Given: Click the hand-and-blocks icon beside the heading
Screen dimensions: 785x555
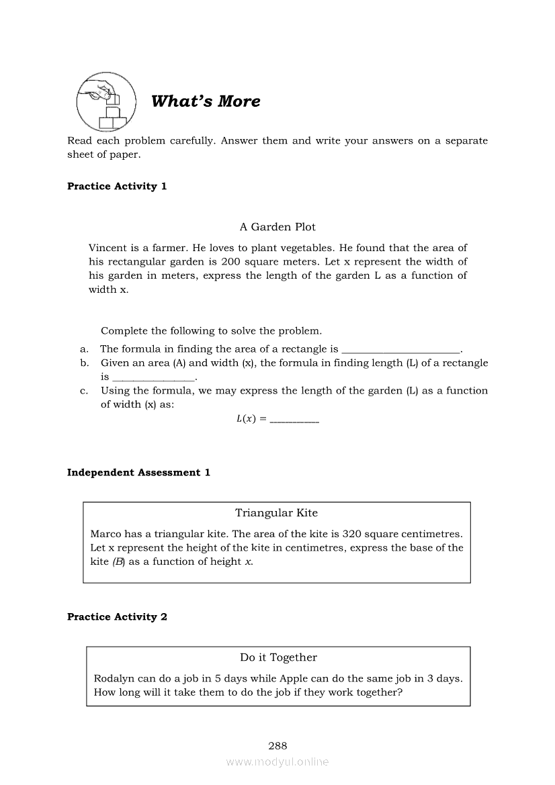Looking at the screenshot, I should [x=105, y=101].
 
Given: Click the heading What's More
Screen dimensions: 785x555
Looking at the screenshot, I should [x=206, y=101].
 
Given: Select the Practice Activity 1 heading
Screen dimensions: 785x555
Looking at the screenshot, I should [x=117, y=186].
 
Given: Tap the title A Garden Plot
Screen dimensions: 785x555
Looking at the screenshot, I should [x=277, y=227].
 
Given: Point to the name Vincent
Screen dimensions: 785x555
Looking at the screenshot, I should [x=108, y=248].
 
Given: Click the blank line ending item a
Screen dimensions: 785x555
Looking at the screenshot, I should [x=400, y=350].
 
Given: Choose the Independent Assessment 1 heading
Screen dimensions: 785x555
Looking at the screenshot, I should [x=138, y=472].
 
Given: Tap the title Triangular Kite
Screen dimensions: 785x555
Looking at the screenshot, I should [x=276, y=513].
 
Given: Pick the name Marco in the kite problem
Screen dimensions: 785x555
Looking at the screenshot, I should [x=105, y=534].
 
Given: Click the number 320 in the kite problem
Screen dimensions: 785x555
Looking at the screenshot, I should [x=353, y=534].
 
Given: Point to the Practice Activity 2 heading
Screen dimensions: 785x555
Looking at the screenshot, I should [x=117, y=616].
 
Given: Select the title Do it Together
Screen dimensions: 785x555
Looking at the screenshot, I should [x=278, y=657].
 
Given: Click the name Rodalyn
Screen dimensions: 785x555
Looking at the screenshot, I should [x=115, y=678].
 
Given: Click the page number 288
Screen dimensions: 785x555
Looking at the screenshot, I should [x=277, y=745].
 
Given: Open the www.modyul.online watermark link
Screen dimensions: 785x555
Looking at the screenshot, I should [x=277, y=761].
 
